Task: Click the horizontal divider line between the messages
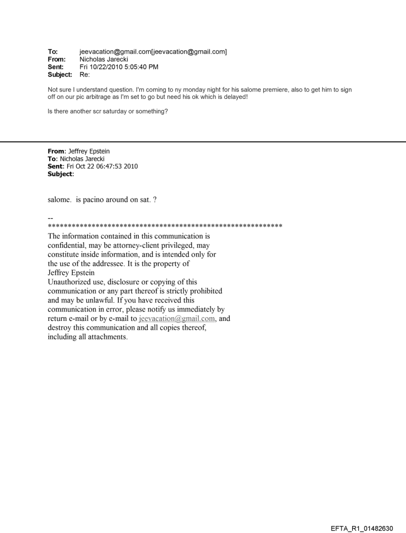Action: click(203, 142)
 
